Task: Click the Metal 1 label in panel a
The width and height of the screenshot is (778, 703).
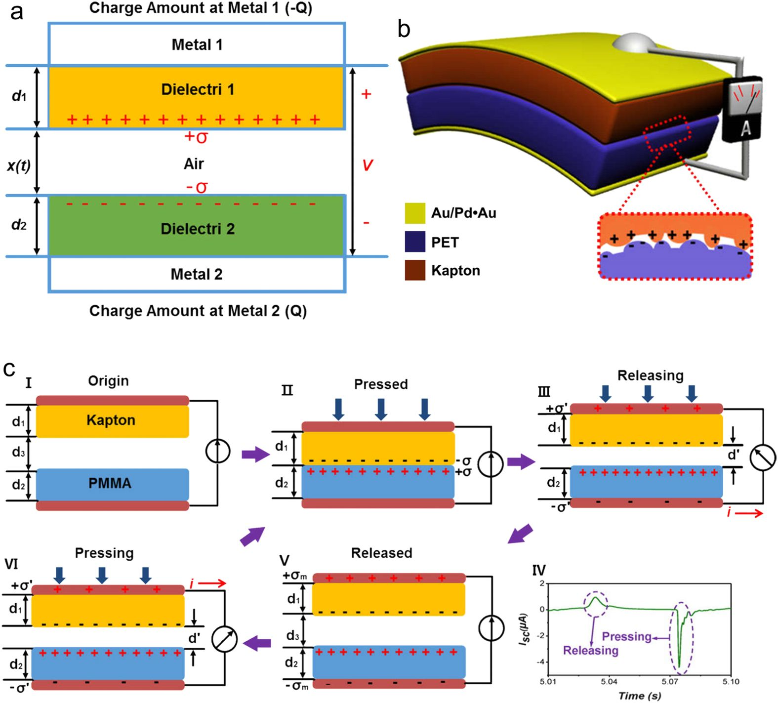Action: [x=197, y=45]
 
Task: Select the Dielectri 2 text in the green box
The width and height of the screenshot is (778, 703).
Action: [x=198, y=229]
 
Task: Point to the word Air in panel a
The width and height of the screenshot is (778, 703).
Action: [x=194, y=164]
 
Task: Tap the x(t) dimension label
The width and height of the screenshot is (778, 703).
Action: [x=19, y=165]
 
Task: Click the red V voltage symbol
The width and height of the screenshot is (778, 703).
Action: [x=367, y=165]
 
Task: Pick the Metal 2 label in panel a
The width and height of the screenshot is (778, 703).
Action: [x=197, y=274]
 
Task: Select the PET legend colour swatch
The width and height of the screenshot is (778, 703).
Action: [x=415, y=242]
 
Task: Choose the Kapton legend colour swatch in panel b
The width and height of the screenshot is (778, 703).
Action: [x=415, y=270]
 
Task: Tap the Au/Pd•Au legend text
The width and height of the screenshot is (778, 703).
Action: [x=463, y=213]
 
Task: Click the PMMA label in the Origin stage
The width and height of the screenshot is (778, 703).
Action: [x=110, y=483]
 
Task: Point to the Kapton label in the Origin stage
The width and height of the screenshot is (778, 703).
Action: [x=111, y=420]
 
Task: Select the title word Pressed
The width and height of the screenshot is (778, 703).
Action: [x=381, y=384]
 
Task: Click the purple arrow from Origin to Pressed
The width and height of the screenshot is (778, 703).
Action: [x=256, y=454]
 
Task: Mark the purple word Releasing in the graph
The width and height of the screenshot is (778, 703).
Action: [x=590, y=650]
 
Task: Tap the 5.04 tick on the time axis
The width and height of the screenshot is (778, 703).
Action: [x=609, y=682]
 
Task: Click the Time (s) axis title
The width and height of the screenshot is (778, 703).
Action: [x=639, y=696]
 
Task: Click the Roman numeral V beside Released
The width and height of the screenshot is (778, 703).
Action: [x=285, y=560]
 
